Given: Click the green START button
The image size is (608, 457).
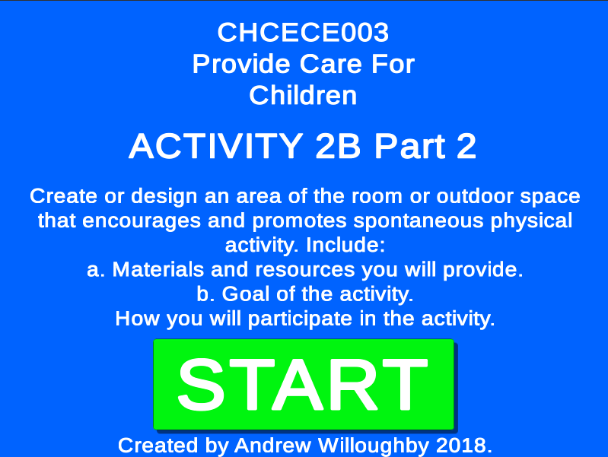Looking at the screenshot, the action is (304, 384).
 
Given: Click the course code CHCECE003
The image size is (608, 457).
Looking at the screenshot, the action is (303, 32).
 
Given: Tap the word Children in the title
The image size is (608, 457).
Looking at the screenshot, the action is (303, 95).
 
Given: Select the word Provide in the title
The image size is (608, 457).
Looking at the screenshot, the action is (241, 64).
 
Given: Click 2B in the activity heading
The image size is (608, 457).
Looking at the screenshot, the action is (338, 146).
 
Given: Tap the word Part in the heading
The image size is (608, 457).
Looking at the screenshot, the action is (410, 146).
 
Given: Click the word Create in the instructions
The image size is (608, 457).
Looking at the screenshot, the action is (64, 195).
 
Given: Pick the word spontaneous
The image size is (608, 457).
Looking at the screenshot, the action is (418, 221).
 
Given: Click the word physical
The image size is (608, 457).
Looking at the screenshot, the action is (531, 221).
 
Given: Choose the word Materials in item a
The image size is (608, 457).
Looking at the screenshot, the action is (158, 269).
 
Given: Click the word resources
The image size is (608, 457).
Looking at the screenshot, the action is (305, 270).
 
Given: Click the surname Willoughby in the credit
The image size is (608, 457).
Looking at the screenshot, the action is (374, 446).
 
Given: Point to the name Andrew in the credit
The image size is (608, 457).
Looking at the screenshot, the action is (272, 446).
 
